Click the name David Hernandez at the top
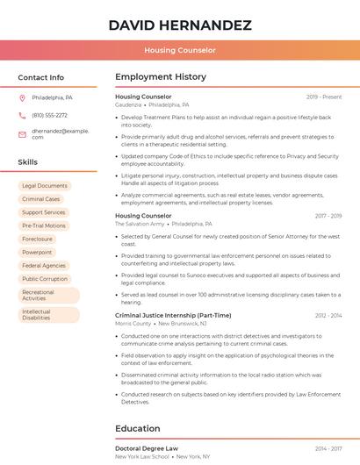(180, 25)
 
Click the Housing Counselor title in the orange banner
(180, 51)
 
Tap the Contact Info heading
(40, 77)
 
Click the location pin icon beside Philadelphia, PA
(22, 97)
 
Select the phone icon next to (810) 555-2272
(22, 115)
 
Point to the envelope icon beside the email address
(22, 132)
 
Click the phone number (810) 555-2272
(49, 115)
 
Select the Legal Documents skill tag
(45, 186)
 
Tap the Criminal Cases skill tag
(41, 199)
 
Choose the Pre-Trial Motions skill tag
(44, 225)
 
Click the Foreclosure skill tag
(38, 239)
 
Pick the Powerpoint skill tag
(38, 252)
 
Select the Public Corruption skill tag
(45, 279)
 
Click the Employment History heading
(161, 77)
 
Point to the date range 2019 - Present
(324, 97)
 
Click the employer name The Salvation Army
(140, 224)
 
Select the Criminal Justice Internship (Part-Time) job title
(173, 315)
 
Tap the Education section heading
(137, 428)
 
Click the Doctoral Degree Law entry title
(147, 448)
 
